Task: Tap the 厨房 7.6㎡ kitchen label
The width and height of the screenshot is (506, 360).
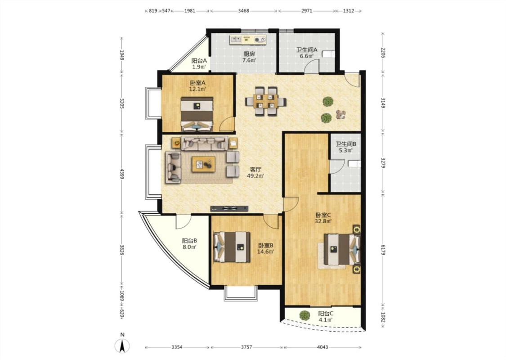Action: (x=249, y=57)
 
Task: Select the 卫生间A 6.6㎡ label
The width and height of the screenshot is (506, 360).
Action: (x=307, y=53)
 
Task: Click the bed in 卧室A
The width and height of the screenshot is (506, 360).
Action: (x=197, y=114)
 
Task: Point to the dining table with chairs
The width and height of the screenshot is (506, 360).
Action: (x=265, y=101)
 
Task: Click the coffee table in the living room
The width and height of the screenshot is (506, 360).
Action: (x=203, y=164)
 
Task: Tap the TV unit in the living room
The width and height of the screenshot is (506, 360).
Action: (x=229, y=208)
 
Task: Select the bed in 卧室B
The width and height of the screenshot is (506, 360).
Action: (x=232, y=247)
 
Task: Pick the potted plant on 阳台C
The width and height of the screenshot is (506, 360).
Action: (x=304, y=315)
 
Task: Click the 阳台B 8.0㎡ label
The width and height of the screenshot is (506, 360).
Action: (x=189, y=244)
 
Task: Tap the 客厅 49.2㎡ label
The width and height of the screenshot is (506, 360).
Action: (x=255, y=172)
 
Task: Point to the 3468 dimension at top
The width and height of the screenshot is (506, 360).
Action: (x=244, y=11)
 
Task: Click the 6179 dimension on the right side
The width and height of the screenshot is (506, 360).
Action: (x=383, y=250)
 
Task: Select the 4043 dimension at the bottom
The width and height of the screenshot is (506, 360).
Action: (x=322, y=347)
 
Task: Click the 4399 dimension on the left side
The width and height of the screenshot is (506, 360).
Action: (x=122, y=173)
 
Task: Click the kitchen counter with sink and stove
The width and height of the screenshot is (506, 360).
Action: (x=248, y=40)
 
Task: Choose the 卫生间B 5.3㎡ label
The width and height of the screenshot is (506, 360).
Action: (x=345, y=147)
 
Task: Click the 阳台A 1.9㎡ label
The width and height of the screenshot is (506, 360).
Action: (x=199, y=63)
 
